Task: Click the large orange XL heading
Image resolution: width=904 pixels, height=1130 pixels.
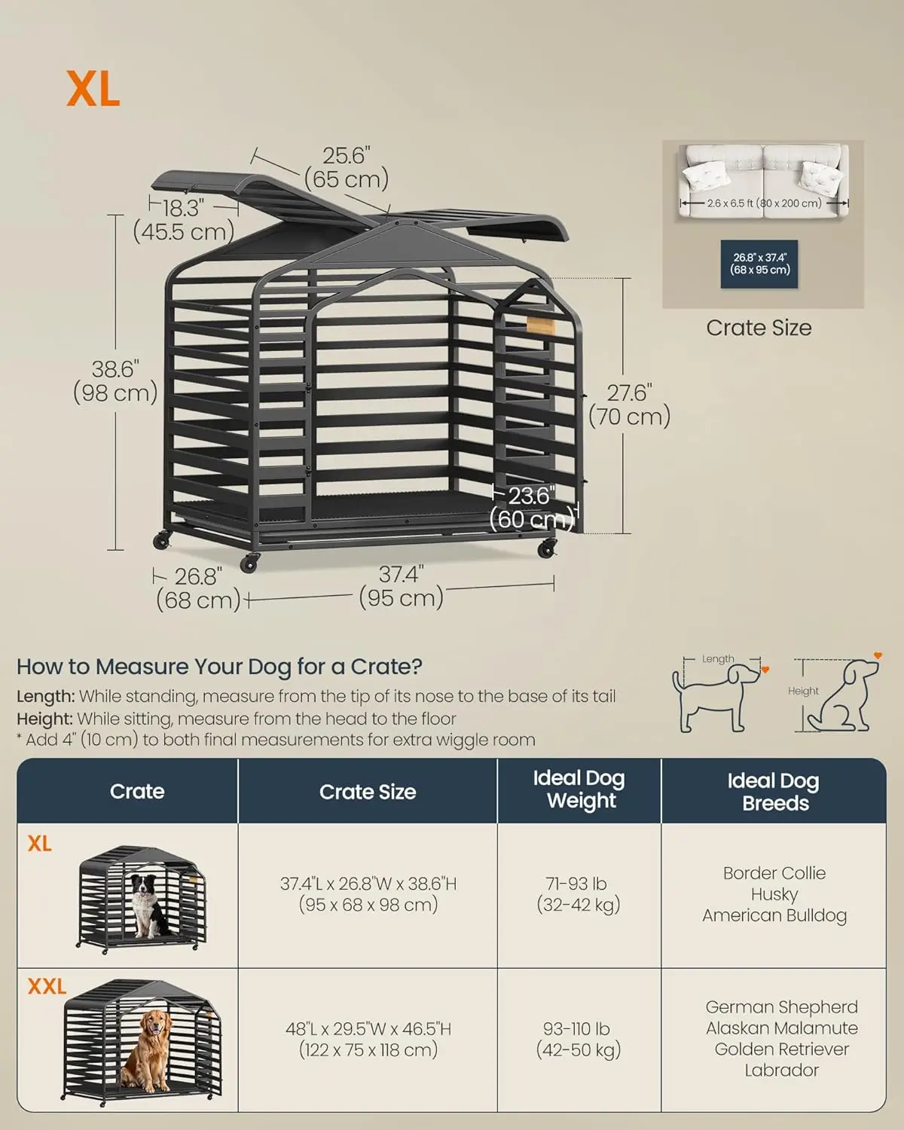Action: tap(93, 89)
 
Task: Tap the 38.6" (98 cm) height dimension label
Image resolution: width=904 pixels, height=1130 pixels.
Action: tap(115, 381)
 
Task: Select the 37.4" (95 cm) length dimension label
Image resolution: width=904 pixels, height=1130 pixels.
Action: tap(402, 587)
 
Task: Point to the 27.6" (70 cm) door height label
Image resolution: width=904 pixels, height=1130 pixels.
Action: tap(629, 405)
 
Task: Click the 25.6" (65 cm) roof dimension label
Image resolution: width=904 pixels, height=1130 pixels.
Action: tap(347, 167)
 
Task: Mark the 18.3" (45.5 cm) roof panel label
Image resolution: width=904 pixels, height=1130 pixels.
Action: tap(183, 220)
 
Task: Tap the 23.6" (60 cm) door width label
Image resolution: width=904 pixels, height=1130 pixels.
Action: tap(532, 508)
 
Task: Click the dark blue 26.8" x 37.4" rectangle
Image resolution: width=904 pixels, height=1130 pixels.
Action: tap(759, 264)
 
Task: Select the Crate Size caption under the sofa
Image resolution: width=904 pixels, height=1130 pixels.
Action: tap(759, 328)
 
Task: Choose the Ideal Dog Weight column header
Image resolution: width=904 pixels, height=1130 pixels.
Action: tap(579, 789)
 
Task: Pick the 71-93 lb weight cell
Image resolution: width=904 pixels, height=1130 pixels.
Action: tap(579, 894)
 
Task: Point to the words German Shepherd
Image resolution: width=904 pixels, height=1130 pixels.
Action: tap(782, 1006)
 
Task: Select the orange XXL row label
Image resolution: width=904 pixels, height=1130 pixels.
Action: tap(47, 986)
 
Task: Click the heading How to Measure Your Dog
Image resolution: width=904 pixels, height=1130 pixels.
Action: tap(219, 667)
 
